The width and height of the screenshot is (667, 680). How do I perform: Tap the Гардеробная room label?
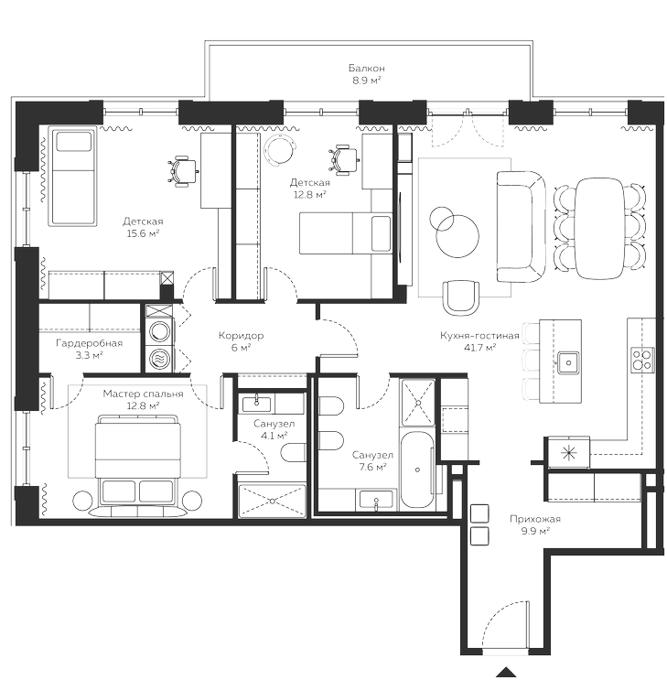point(89,349)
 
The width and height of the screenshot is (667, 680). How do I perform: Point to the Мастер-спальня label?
point(143,398)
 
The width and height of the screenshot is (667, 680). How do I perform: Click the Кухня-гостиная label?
point(468,341)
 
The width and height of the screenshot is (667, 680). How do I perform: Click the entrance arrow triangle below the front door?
point(504,672)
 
